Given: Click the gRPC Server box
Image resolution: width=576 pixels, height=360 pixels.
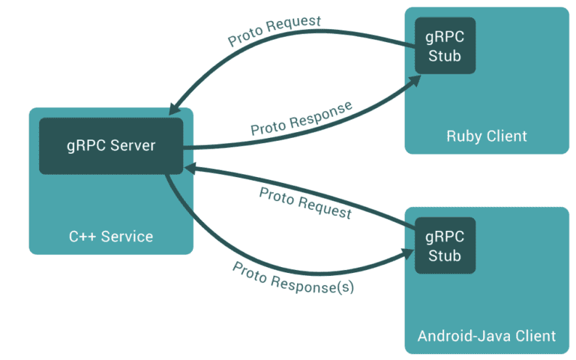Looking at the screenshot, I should coord(111,145).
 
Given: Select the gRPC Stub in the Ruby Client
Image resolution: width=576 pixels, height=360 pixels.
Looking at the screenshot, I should coord(445,46).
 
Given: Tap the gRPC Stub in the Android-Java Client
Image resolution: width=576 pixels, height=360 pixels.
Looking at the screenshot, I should coord(445,246).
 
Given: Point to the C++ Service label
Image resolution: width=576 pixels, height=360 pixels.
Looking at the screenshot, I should coord(111,237).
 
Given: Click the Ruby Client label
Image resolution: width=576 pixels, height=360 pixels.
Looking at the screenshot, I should coord(487,136).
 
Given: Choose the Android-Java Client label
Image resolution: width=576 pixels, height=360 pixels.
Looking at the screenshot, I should coord(487,335).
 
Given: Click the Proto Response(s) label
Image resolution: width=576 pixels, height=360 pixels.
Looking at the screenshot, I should coord(292,277).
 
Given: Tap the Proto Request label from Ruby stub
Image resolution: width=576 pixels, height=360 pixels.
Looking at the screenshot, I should coord(274,31).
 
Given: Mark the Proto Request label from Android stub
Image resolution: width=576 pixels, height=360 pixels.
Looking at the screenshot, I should coord(305,203).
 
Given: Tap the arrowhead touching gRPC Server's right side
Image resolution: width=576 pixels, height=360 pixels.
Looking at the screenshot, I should coord(190,167).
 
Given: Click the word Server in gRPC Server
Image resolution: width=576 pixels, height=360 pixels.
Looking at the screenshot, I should coord(132,145).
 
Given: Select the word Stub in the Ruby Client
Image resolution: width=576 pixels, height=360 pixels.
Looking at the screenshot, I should coord(445,55).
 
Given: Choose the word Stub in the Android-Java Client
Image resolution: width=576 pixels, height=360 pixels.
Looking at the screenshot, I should coord(445,256).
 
